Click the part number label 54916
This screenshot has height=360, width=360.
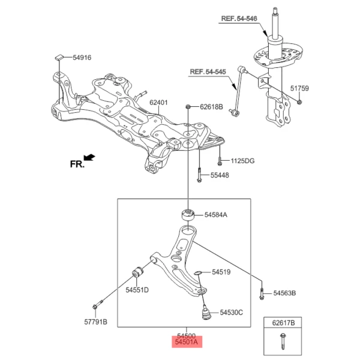click(x=82, y=58)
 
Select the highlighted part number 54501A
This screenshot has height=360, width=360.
click(x=187, y=343)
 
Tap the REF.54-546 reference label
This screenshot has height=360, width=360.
click(x=239, y=19)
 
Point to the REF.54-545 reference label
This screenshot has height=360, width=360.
click(x=208, y=72)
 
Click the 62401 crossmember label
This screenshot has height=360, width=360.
click(x=160, y=103)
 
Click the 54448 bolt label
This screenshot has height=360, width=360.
click(x=220, y=176)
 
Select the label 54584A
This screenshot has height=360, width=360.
click(x=216, y=215)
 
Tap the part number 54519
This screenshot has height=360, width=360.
click(x=219, y=272)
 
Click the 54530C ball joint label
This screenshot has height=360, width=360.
click(x=231, y=313)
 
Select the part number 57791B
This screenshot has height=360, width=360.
click(x=95, y=322)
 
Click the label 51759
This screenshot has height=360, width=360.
click(x=300, y=89)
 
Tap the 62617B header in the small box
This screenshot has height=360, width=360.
click(x=282, y=323)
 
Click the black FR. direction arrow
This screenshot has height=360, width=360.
click(x=89, y=158)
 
